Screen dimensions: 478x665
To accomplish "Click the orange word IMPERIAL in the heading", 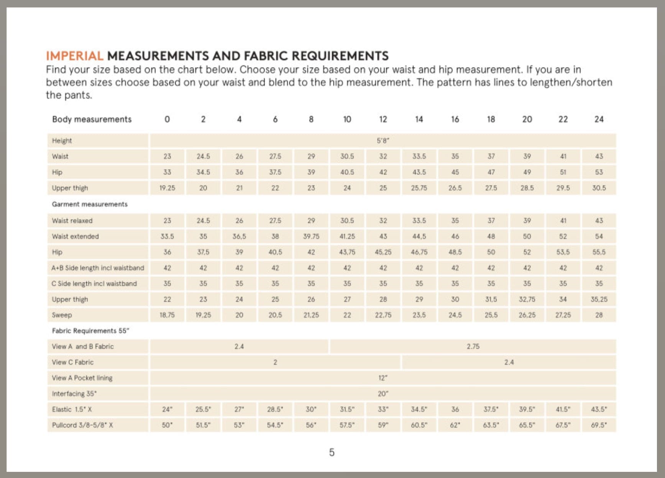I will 74,56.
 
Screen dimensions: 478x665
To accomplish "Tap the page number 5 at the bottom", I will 332,453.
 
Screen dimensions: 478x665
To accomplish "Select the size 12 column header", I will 383,119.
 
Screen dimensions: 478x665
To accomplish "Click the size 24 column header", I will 599,119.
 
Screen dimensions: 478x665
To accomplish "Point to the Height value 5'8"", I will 383,141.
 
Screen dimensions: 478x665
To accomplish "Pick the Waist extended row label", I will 76,236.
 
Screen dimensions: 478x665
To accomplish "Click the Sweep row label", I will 62,315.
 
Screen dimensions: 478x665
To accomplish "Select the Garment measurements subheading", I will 90,204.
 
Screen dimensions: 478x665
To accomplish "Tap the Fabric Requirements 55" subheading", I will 90,331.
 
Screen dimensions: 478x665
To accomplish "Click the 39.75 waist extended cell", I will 311,236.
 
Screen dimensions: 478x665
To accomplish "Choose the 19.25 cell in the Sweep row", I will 203,315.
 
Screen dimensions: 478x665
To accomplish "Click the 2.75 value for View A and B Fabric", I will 473,346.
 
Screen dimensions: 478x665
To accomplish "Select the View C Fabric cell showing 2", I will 275,362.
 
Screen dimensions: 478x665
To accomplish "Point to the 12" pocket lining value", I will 383,378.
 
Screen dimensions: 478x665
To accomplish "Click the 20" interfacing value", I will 383,394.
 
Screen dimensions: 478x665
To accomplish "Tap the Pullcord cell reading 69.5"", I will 599,425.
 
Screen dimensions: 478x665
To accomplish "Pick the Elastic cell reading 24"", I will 167,409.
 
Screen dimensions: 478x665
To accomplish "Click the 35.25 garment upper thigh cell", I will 599,299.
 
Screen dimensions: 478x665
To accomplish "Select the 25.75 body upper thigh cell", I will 419,188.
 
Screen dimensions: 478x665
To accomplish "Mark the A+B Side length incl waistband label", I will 98,268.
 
